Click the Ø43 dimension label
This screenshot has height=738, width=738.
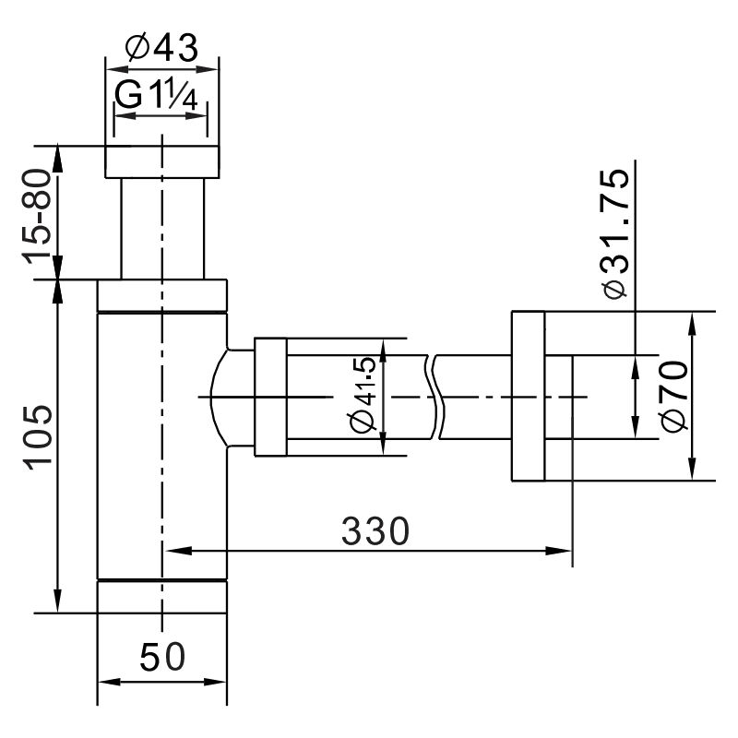coord(162,49)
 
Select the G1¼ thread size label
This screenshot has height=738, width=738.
coord(159,95)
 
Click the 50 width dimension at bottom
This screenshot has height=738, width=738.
coord(162,657)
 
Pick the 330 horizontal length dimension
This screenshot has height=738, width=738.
coord(375,531)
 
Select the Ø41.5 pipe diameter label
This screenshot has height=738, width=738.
coord(363,396)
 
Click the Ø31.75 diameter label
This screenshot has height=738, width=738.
coord(613,234)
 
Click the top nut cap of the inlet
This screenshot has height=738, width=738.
coord(162,161)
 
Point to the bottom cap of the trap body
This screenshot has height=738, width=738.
coord(162,596)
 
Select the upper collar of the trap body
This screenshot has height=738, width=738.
coord(162,296)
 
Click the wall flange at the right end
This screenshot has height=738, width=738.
coord(527,397)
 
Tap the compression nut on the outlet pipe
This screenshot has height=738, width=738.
coord(270,397)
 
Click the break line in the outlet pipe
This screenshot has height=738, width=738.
coord(436,397)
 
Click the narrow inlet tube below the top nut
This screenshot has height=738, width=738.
coord(162,228)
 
